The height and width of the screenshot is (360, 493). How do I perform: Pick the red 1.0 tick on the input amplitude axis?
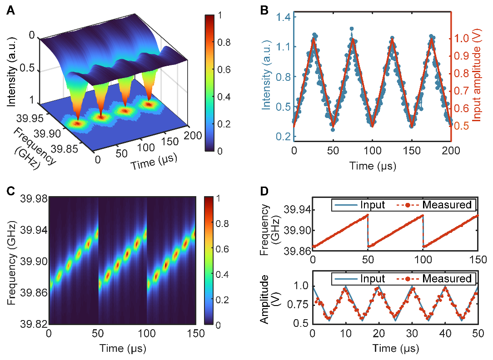pos(463,38)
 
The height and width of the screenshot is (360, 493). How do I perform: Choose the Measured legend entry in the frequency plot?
pos(447,205)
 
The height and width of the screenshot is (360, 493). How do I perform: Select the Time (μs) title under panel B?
pos(372,166)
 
